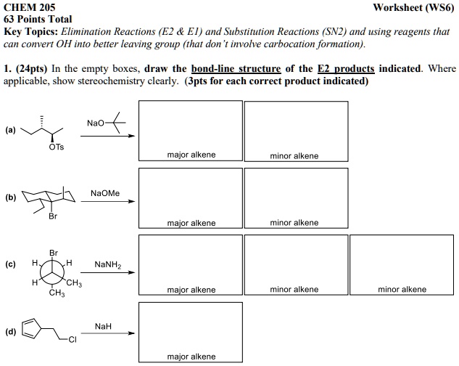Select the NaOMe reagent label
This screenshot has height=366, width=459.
pos(105,193)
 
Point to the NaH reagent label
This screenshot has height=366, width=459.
pos(103,326)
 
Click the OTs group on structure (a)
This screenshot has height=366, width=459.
pos(57,147)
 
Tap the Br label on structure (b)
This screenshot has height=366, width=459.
pos(52,216)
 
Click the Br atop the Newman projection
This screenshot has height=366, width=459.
pos(54,252)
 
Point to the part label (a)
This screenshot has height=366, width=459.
pos(9,131)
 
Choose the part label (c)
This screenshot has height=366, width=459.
pos(9,264)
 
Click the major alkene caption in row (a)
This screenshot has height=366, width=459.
pos(191,155)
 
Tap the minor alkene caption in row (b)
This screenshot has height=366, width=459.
pos(294,222)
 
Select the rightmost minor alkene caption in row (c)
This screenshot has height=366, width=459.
pos(402,289)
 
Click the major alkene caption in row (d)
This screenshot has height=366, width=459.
pos(191,357)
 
